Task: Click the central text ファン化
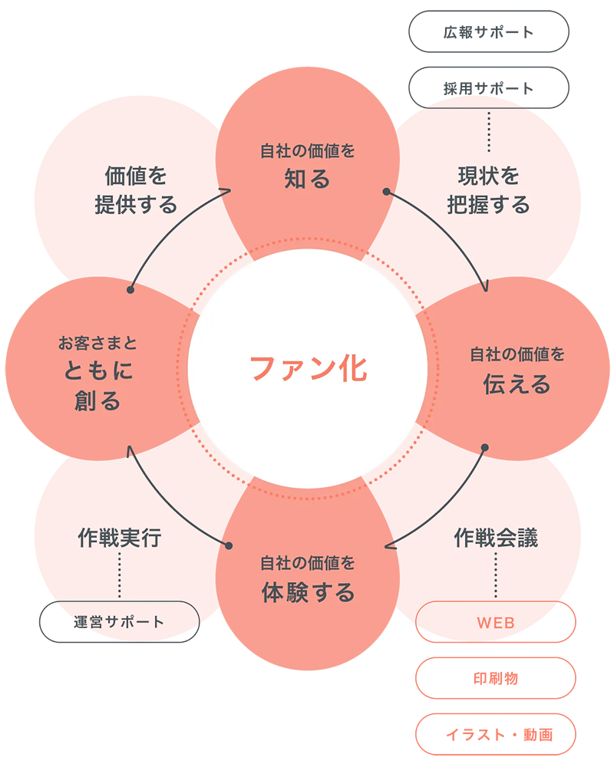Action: pos(309,368)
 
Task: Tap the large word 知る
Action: pos(307,179)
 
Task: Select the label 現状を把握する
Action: pos(489,191)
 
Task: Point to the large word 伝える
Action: pos(517,383)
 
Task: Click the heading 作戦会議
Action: pos(496,538)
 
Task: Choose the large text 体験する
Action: pos(308,592)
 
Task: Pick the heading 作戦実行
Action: pos(120,538)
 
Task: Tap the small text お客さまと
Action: pos(97,342)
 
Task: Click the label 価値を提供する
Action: pos(136,191)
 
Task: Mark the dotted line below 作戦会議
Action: pos(496,575)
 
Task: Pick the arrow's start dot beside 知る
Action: pos(387,191)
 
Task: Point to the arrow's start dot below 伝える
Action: pos(485,447)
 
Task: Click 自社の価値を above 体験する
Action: pos(307,564)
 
